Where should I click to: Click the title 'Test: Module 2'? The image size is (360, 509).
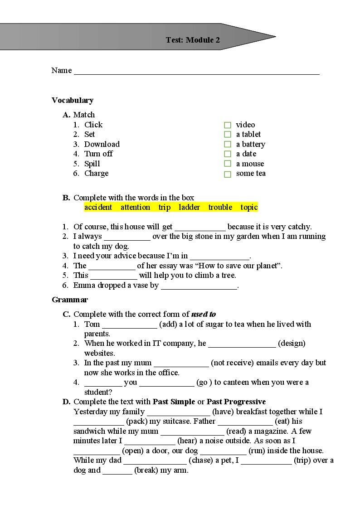(x=193, y=40)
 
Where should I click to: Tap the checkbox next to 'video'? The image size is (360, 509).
(x=228, y=125)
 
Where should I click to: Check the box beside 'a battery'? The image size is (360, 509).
(x=228, y=145)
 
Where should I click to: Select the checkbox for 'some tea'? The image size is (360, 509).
(x=228, y=174)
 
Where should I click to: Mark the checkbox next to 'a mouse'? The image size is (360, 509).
(x=228, y=164)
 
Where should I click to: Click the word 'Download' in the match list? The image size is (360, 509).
(x=102, y=144)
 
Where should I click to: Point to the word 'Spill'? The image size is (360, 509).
(x=92, y=164)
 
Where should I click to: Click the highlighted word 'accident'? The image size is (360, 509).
(x=98, y=207)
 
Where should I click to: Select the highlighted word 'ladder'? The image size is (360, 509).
(x=189, y=207)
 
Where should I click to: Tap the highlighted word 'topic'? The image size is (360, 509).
(x=249, y=207)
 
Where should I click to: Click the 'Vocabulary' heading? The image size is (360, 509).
(x=73, y=100)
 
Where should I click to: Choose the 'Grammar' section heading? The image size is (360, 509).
(x=70, y=300)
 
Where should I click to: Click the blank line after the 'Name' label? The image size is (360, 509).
(x=196, y=71)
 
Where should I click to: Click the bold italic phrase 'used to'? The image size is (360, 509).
(x=204, y=314)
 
